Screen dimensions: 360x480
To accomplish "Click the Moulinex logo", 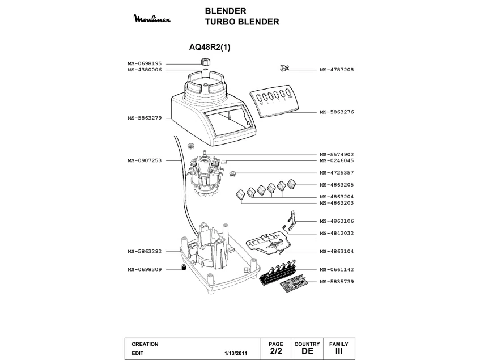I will pos(151,19).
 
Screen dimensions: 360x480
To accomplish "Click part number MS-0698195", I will pos(145,63).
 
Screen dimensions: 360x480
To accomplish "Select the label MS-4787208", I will pos(337,70).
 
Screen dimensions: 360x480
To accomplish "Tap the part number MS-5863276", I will pos(337,112).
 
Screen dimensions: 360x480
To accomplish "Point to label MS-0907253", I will pos(145,160).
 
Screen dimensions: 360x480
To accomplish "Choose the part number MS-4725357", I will pos(337,173).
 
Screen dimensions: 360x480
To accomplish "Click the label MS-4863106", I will pos(337,221).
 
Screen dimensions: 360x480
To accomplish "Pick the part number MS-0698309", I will pos(145,269).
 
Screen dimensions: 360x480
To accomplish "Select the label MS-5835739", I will pos(337,282).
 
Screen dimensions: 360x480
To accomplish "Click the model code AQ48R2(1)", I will pos(209,48).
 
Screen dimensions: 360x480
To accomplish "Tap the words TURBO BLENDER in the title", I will pos(242,22).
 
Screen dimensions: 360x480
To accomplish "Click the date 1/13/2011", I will pos(236,353).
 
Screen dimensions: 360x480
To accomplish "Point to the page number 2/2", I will pos(275,351).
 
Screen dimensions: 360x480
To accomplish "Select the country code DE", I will pos(307,351).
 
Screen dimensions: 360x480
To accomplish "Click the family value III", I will pos(339,351).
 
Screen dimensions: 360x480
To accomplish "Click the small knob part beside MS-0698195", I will pos(205,61).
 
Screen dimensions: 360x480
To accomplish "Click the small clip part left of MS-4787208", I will pos(284,69).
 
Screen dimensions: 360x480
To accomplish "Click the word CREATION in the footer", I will pos(145,344).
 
